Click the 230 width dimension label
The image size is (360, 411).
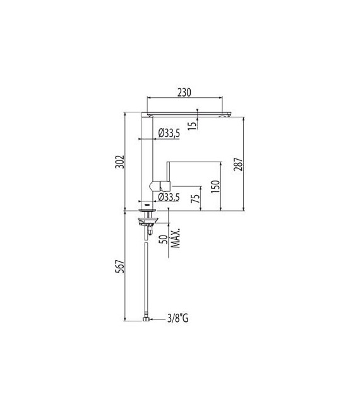tap(184, 92)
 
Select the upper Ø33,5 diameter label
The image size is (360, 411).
tap(170, 133)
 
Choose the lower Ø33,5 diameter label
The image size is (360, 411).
tap(170, 198)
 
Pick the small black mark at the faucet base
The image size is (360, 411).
tap(147, 205)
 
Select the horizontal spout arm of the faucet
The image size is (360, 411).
tap(189, 114)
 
